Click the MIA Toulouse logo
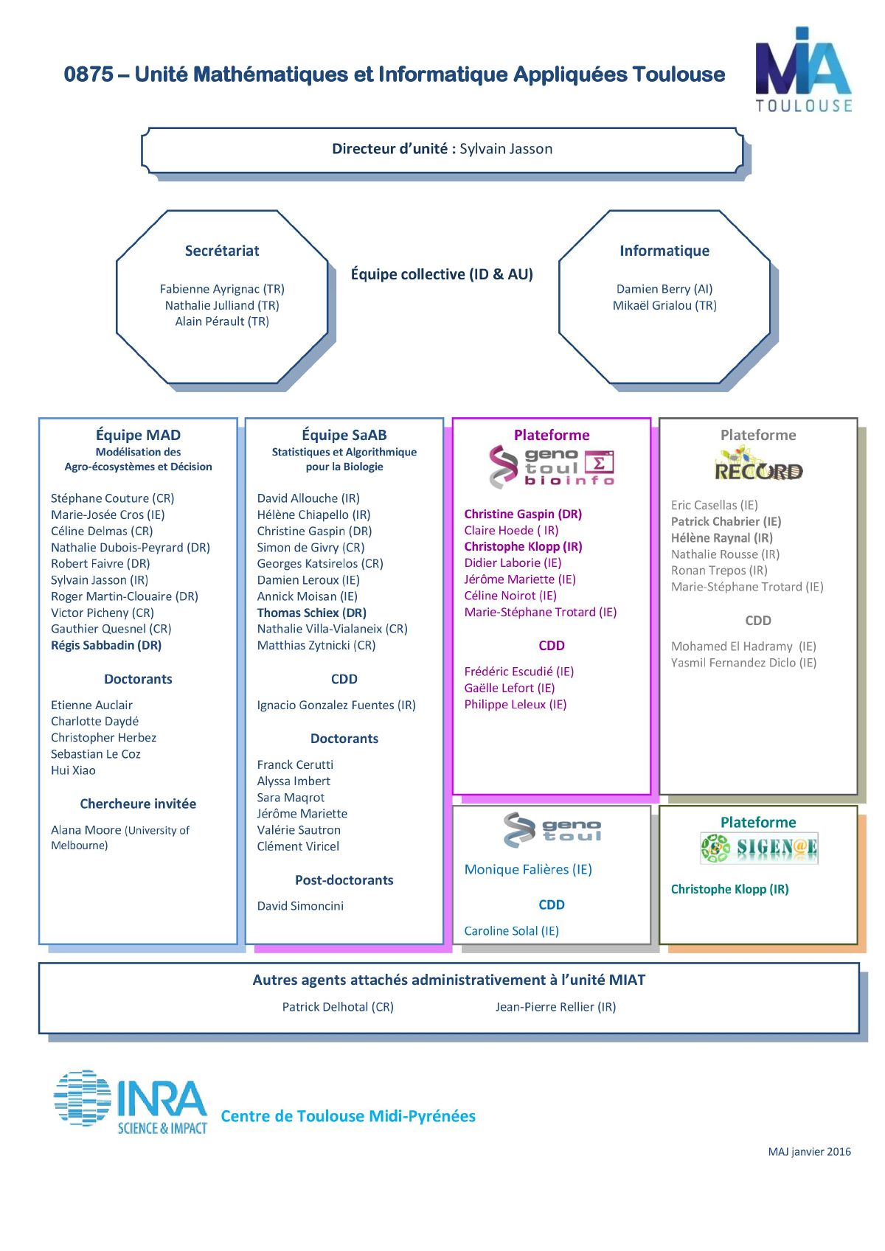click(x=803, y=69)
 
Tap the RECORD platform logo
click(x=758, y=464)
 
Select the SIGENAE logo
click(x=759, y=848)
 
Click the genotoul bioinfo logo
click(x=552, y=467)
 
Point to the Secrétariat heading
click(x=222, y=251)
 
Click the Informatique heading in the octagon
click(x=664, y=251)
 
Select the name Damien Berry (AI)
click(x=664, y=289)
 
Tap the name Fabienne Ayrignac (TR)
click(x=222, y=289)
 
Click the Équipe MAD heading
click(x=138, y=434)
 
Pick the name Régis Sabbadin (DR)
click(x=106, y=645)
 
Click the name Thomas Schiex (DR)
click(x=312, y=613)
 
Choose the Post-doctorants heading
click(x=344, y=879)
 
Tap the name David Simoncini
click(x=300, y=905)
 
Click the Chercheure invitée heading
click(x=138, y=804)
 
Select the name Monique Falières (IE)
click(x=528, y=869)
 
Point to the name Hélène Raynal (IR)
click(x=722, y=538)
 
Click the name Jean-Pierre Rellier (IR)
click(x=555, y=1006)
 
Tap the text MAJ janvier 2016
click(x=809, y=1151)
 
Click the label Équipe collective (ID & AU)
click(x=442, y=274)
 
